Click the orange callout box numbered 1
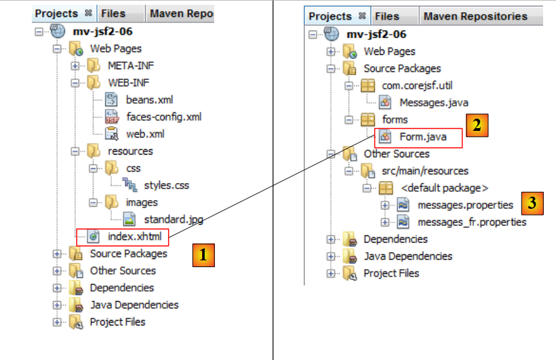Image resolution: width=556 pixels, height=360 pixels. pyautogui.click(x=203, y=255)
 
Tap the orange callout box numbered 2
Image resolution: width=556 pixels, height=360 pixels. pyautogui.click(x=477, y=125)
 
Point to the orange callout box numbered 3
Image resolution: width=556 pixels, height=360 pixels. pyautogui.click(x=533, y=202)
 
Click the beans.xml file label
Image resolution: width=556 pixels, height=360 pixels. pyautogui.click(x=149, y=100)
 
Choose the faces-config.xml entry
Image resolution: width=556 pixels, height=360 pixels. pyautogui.click(x=163, y=117)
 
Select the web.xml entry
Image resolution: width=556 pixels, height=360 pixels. pyautogui.click(x=145, y=134)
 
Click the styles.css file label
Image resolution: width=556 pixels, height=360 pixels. pyautogui.click(x=167, y=185)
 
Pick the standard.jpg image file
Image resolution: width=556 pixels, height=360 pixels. pyautogui.click(x=174, y=219)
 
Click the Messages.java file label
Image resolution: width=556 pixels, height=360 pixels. pyautogui.click(x=433, y=102)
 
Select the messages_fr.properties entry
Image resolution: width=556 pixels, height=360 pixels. pyautogui.click(x=472, y=222)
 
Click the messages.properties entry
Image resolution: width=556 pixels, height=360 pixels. pyautogui.click(x=465, y=205)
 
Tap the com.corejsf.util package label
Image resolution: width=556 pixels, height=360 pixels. pyautogui.click(x=418, y=85)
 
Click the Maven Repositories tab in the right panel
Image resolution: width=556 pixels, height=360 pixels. pyautogui.click(x=474, y=16)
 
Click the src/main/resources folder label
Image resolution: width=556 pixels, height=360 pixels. pyautogui.click(x=425, y=171)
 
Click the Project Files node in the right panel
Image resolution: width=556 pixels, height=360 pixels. pyautogui.click(x=391, y=273)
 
